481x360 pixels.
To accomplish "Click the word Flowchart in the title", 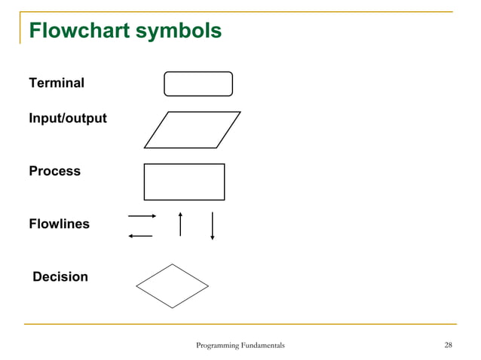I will [76, 31].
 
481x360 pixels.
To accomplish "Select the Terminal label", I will [57, 83].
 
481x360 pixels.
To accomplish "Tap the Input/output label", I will [68, 119].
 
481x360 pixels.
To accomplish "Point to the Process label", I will [54, 171].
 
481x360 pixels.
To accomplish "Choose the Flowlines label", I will [59, 224].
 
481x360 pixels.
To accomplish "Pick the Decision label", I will [60, 276].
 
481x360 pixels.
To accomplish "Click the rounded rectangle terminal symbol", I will [198, 84].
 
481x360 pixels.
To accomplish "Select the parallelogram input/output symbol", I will [192, 130].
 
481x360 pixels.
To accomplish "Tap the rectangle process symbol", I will [184, 182].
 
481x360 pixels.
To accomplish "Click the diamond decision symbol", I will [172, 286].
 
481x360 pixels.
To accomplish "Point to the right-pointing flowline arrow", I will [142, 216].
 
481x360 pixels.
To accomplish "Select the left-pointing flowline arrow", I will [140, 236].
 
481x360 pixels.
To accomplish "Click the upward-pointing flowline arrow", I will [180, 224].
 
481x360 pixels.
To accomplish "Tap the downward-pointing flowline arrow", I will [213, 226].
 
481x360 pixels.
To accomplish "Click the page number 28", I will [449, 346].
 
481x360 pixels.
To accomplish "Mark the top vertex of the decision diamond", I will [172, 264].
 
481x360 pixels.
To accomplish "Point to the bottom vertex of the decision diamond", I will [172, 308].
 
